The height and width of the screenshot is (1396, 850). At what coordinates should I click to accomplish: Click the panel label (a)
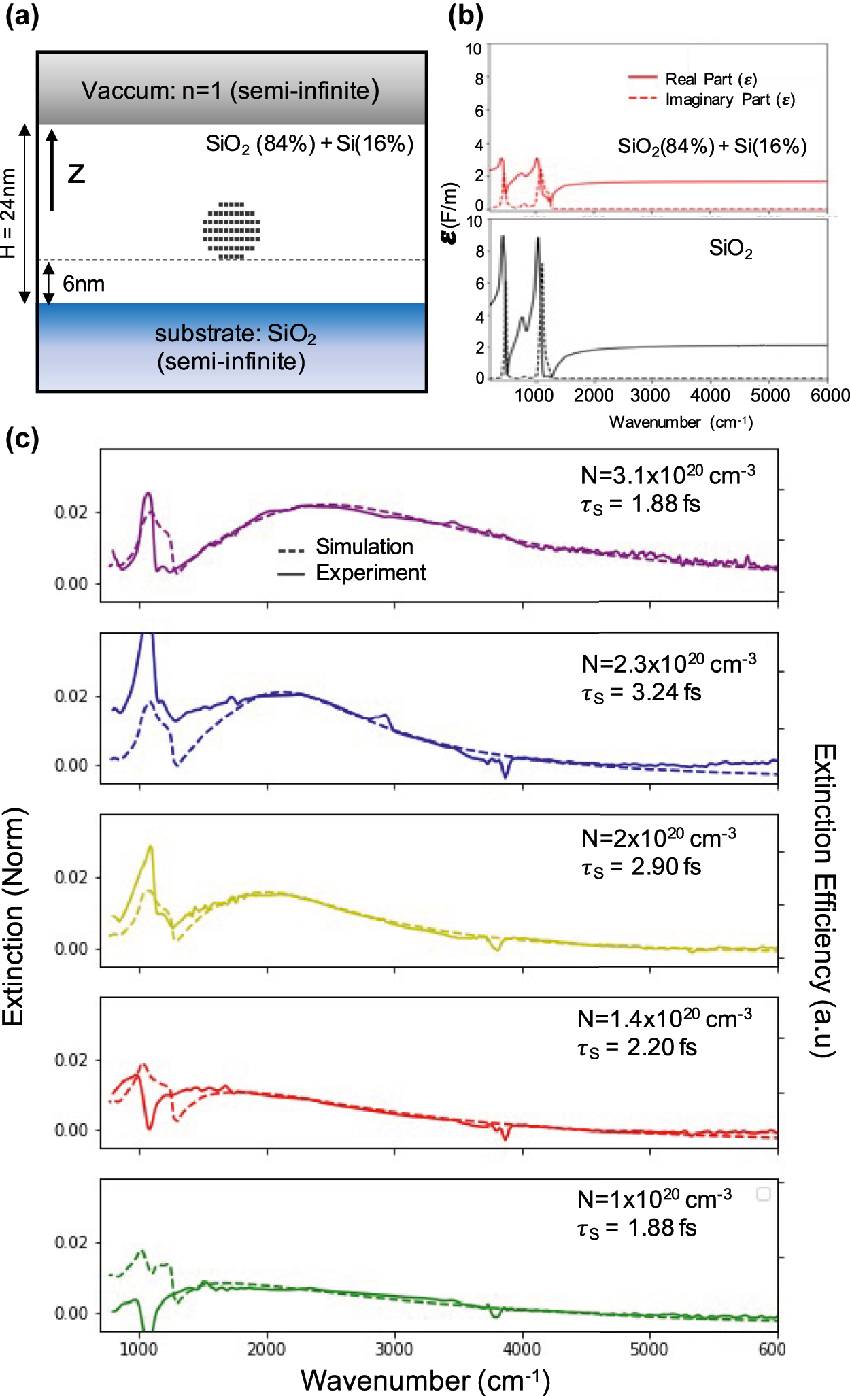pyautogui.click(x=22, y=16)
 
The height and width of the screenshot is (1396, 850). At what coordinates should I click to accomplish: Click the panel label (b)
pyautogui.click(x=466, y=16)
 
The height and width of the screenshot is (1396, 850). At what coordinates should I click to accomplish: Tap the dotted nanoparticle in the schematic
pyautogui.click(x=231, y=231)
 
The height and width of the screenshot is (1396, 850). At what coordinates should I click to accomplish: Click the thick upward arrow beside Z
pyautogui.click(x=52, y=170)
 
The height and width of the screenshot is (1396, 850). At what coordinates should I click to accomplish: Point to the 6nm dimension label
pyautogui.click(x=84, y=284)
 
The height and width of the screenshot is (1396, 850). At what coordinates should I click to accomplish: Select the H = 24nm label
pyautogui.click(x=8, y=214)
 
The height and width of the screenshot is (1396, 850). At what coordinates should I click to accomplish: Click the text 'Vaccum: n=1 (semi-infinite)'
pyautogui.click(x=231, y=90)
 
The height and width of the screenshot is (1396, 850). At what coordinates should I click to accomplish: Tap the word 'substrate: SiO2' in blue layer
pyautogui.click(x=235, y=334)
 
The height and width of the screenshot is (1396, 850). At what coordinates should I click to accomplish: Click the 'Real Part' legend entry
pyautogui.click(x=711, y=79)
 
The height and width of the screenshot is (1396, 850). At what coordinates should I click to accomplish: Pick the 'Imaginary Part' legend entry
pyautogui.click(x=730, y=99)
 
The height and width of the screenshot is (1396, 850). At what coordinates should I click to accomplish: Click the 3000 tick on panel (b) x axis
pyautogui.click(x=651, y=395)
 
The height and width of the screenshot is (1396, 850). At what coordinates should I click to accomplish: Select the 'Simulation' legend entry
pyautogui.click(x=364, y=547)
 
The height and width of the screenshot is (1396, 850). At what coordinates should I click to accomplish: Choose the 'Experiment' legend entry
pyautogui.click(x=371, y=573)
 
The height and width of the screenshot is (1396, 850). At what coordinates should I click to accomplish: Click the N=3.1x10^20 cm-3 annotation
pyautogui.click(x=668, y=475)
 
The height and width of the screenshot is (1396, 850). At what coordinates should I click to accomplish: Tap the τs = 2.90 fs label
pyautogui.click(x=641, y=868)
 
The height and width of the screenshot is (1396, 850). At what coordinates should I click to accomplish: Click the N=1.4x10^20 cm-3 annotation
pyautogui.click(x=664, y=1019)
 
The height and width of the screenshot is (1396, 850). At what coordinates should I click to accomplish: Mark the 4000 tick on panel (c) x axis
pyautogui.click(x=522, y=1349)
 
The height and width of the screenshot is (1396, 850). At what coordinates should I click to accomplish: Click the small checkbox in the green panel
pyautogui.click(x=764, y=1194)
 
